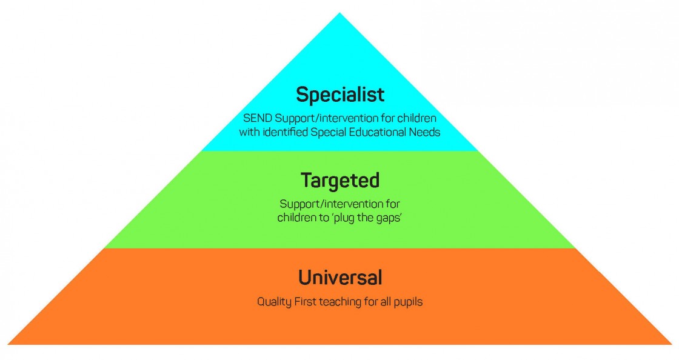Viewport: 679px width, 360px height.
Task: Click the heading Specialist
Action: pyautogui.click(x=339, y=95)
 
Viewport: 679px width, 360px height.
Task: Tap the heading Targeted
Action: pyautogui.click(x=339, y=181)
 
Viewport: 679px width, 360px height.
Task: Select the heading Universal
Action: pyautogui.click(x=339, y=278)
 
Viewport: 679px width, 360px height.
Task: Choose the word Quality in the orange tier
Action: pyautogui.click(x=273, y=301)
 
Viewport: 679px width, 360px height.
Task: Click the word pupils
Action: pyautogui.click(x=407, y=301)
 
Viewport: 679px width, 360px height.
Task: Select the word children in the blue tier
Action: pyautogui.click(x=416, y=118)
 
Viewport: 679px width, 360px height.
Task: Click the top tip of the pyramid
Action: pyautogui.click(x=339, y=14)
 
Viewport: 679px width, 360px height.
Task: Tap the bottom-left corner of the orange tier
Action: pyautogui.click(x=8, y=344)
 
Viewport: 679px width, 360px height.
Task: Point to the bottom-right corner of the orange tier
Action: pyautogui.click(x=671, y=344)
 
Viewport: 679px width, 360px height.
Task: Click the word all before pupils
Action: pyautogui.click(x=384, y=301)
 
